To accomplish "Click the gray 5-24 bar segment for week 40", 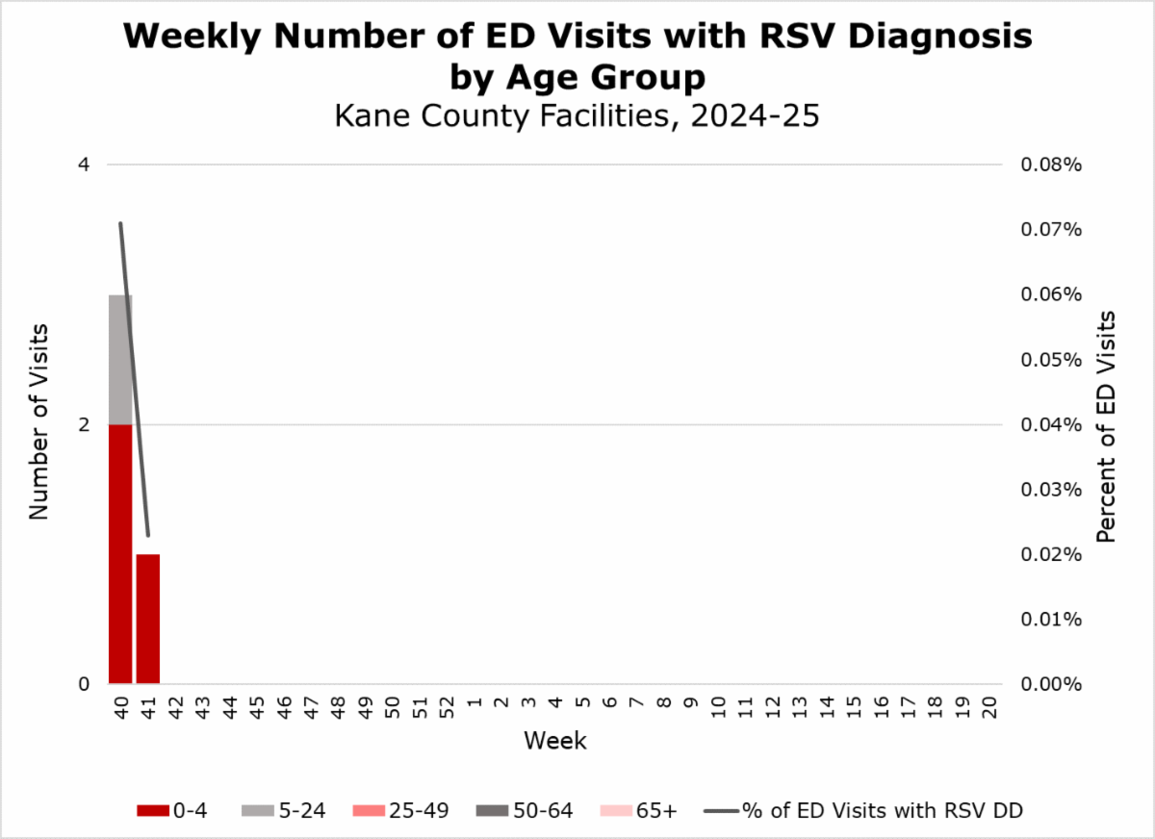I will [119, 359].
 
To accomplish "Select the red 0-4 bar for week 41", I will [147, 619].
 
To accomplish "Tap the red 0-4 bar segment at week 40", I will [119, 553].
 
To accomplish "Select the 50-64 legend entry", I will [525, 810].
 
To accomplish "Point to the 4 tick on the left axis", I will [84, 165].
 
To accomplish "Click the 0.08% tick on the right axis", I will [1052, 165].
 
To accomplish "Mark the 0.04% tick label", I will [1052, 424].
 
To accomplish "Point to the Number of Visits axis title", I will [38, 424].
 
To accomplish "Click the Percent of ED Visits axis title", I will [1107, 425].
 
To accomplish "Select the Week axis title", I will [555, 742].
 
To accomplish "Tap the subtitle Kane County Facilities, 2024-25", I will [577, 115].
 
